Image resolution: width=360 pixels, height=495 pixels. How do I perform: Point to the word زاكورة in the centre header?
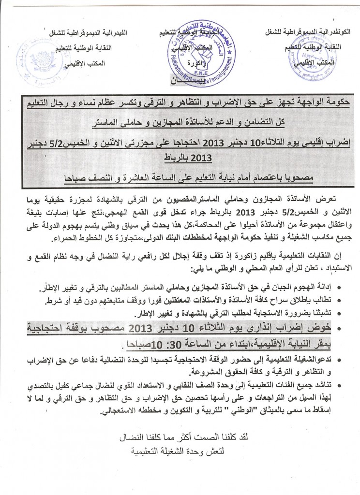(182, 63)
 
